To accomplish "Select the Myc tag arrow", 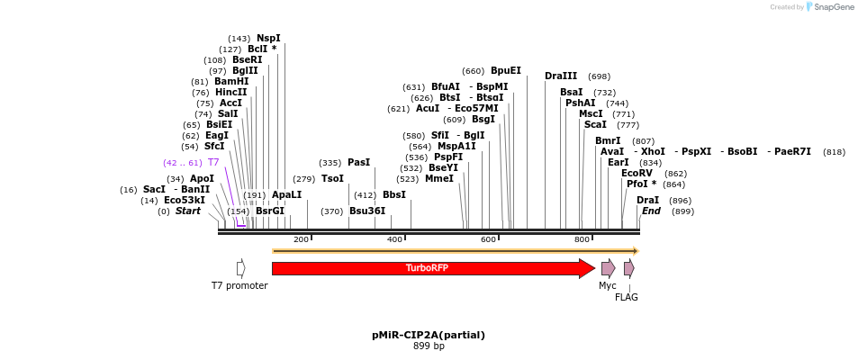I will [x=608, y=268].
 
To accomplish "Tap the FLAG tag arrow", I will [x=628, y=268].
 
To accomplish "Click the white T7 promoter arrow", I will [x=240, y=268].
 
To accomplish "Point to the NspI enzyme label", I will [x=268, y=38].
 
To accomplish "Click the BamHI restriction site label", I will [x=231, y=81].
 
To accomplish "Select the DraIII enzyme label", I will [x=561, y=76].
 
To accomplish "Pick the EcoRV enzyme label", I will [x=637, y=173].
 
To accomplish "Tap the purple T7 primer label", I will [x=213, y=162].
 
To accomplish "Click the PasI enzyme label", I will [x=358, y=162].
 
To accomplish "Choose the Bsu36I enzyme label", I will [x=366, y=211].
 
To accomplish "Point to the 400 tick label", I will [x=394, y=239].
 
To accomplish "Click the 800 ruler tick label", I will [x=582, y=239].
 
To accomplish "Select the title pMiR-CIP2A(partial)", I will [x=429, y=335].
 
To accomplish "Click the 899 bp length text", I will [x=429, y=346].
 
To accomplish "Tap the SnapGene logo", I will [x=829, y=7].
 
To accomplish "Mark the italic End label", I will [x=651, y=211].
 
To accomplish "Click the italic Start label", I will [x=188, y=211].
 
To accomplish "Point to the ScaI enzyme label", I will [x=595, y=124].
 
